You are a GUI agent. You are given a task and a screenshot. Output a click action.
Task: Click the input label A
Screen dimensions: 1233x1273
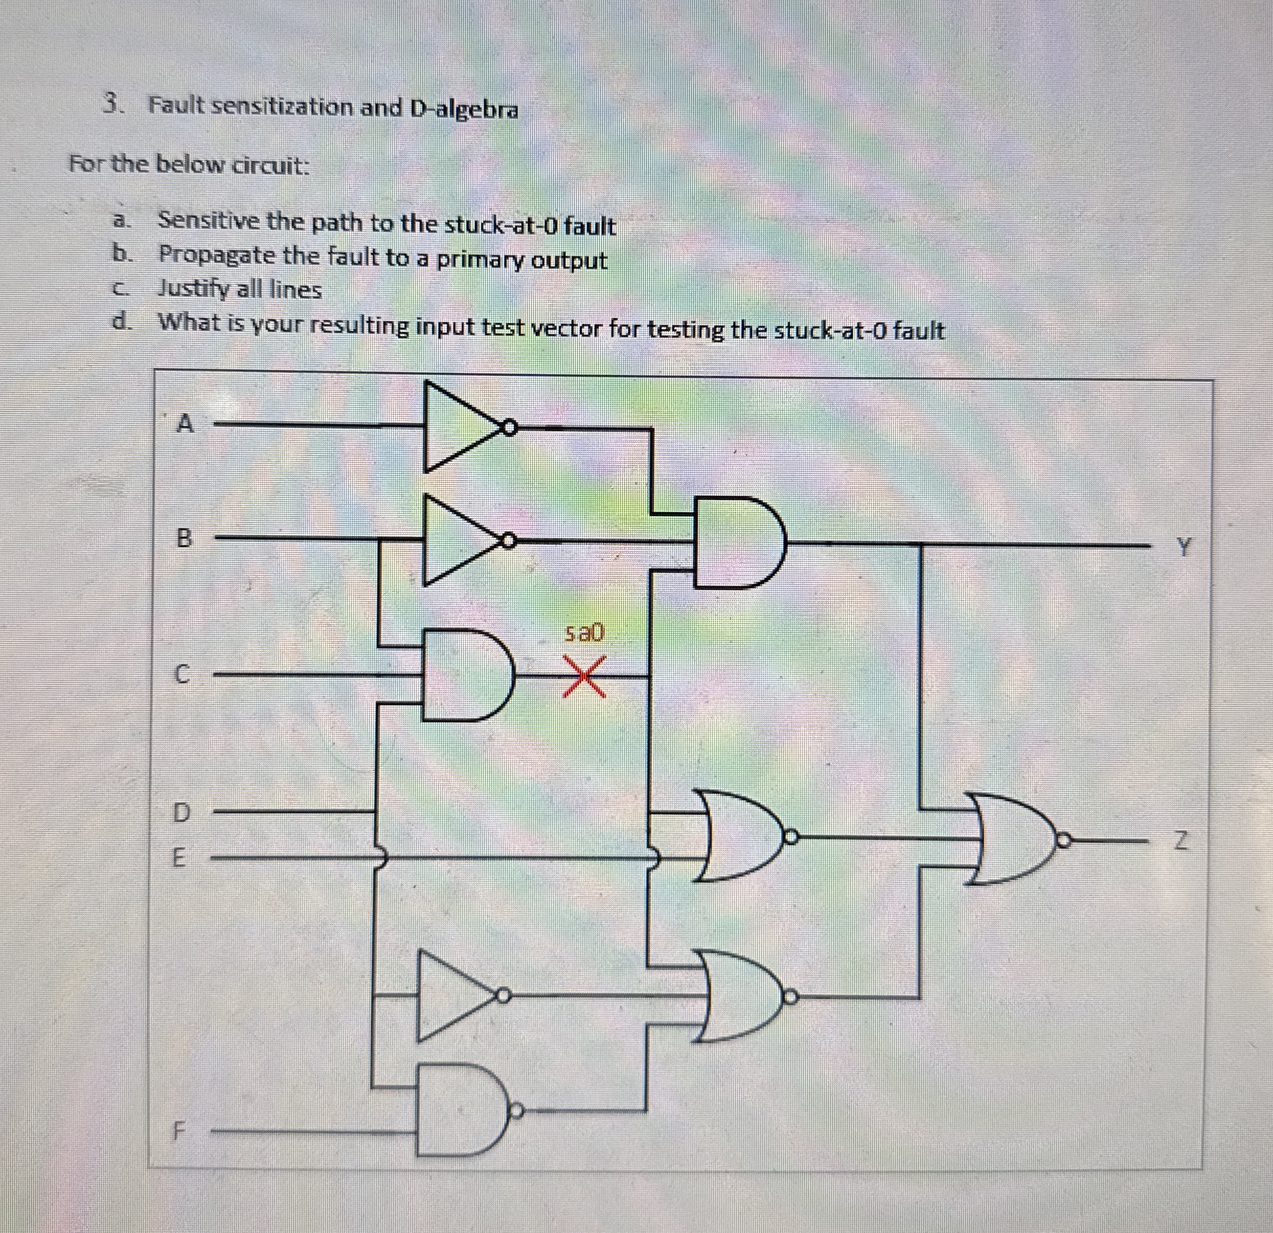coord(186,425)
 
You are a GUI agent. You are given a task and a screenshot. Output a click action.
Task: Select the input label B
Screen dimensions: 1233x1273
coord(185,538)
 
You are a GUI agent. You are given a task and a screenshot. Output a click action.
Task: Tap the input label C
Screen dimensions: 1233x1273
coord(184,676)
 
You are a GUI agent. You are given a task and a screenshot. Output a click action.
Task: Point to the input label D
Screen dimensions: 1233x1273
coord(183,812)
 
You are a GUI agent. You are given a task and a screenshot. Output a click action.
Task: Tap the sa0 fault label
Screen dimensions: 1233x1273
coord(584,632)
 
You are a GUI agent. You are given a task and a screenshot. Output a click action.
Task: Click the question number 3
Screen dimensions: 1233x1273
coord(113,105)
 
